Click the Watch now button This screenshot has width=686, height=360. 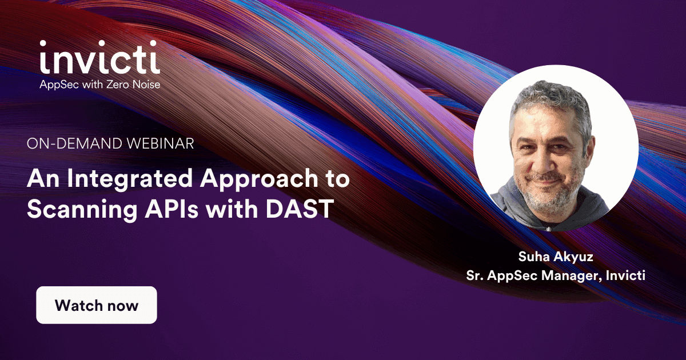96,305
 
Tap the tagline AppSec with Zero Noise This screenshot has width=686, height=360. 99,85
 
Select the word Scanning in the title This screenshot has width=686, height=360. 77,210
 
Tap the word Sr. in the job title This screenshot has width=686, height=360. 475,276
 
